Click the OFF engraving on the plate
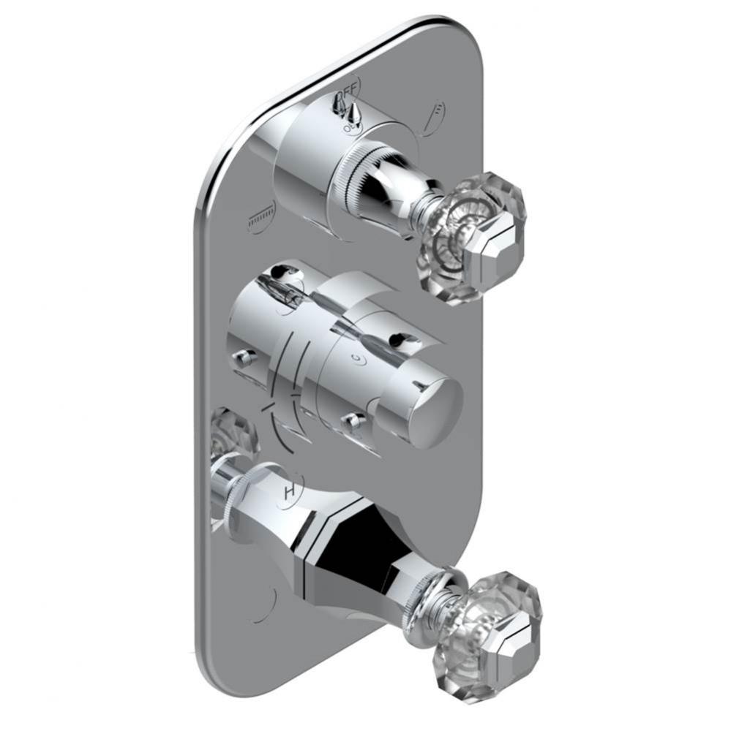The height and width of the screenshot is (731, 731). pyautogui.click(x=350, y=88)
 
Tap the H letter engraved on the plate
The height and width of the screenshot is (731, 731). pyautogui.click(x=290, y=492)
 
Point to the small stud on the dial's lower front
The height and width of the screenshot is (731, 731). pyautogui.click(x=354, y=421)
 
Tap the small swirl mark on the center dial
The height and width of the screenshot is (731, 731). pyautogui.click(x=356, y=359)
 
